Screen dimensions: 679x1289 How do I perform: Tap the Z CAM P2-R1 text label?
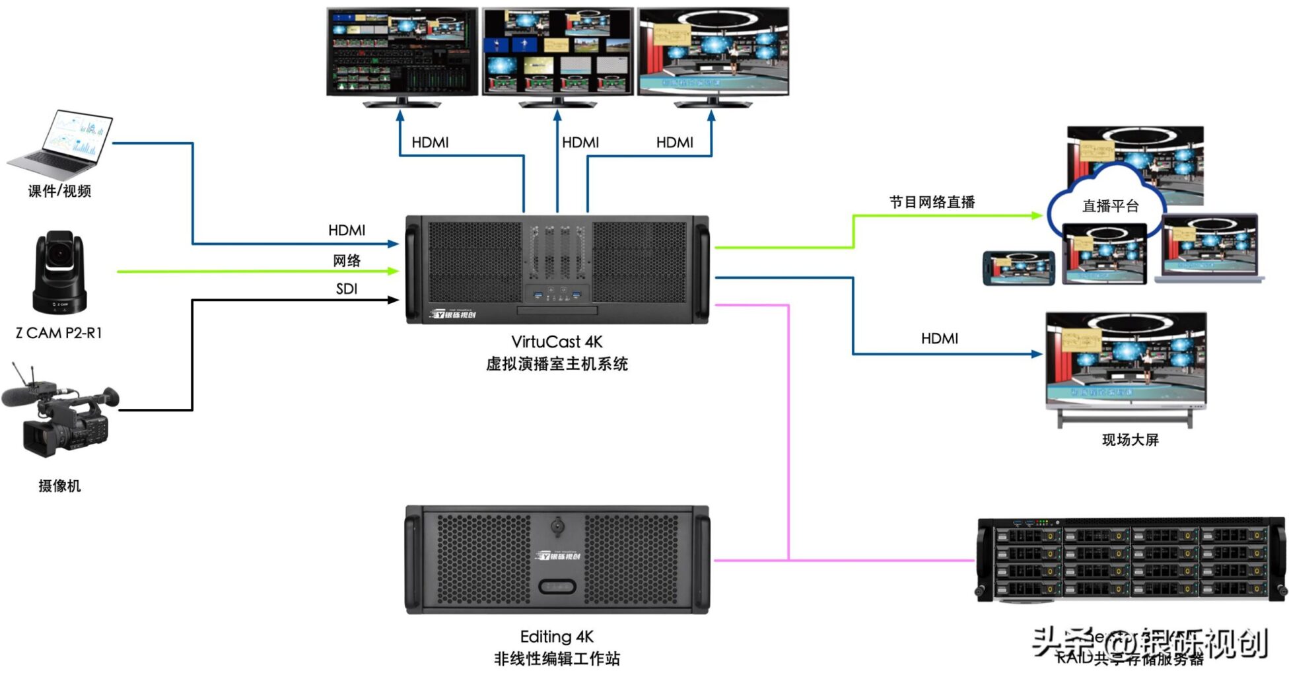pos(59,334)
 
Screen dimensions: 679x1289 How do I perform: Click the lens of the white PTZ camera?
pos(60,254)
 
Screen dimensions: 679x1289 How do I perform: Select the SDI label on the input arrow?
pos(347,289)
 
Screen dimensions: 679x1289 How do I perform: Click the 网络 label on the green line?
pos(347,260)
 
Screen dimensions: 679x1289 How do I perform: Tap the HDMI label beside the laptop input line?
pos(347,231)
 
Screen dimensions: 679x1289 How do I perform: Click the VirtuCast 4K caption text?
pos(557,342)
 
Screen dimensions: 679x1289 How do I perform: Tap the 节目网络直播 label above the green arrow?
pos(932,202)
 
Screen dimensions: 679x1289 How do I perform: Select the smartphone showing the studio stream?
pos(1018,268)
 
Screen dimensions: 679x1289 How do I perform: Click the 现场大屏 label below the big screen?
pos(1130,440)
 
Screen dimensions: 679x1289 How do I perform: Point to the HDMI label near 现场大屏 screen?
pos(939,339)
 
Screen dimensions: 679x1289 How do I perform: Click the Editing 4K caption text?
pos(557,637)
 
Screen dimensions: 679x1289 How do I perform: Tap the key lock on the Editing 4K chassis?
pos(557,526)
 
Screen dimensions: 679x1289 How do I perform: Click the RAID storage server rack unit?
pos(1131,560)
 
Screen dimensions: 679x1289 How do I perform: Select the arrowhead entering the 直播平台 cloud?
pos(1037,215)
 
